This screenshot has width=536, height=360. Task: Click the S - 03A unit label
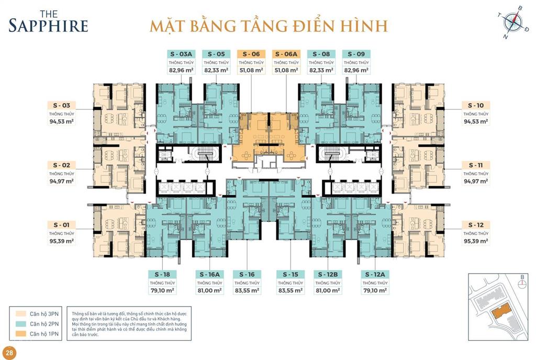click(181, 53)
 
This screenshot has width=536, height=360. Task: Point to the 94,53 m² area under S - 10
click(475, 121)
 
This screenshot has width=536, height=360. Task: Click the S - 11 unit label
click(475, 164)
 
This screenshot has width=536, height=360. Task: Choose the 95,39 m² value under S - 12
click(475, 241)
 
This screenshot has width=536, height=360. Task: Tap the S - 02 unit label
click(61, 164)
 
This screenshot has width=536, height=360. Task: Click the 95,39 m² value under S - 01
click(61, 241)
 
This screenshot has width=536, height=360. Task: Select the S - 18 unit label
click(162, 274)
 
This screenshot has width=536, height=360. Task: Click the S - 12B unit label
click(328, 274)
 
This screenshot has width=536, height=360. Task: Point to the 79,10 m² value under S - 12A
click(375, 290)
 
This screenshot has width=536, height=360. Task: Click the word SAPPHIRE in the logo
click(48, 25)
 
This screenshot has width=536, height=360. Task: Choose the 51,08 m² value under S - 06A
click(286, 70)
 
